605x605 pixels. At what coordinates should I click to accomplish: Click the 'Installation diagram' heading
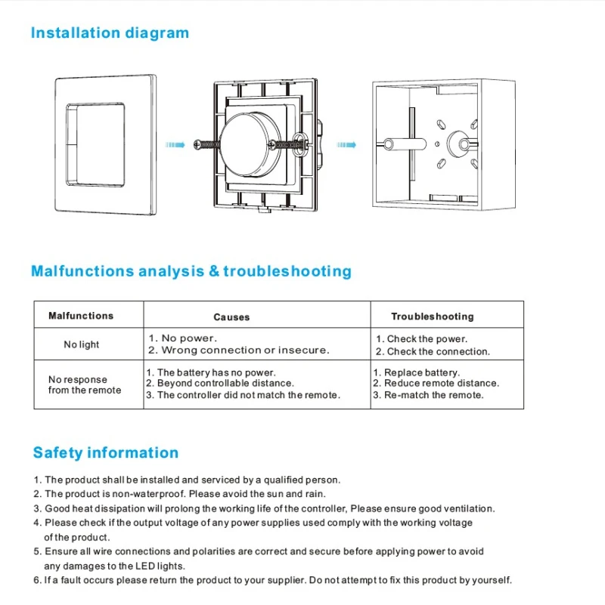click(x=110, y=33)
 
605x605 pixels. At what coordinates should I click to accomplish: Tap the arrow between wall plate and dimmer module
click(x=175, y=145)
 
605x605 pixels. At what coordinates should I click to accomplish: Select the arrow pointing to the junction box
click(x=346, y=145)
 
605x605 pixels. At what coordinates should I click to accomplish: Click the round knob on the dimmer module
click(x=250, y=145)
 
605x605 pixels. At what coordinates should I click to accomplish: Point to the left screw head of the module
click(x=197, y=145)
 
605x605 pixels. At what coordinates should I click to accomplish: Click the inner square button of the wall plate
click(x=96, y=144)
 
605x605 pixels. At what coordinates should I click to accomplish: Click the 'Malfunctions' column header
click(x=81, y=316)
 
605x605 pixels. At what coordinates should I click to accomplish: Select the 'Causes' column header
click(x=231, y=317)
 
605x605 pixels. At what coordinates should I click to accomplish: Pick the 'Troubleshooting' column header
click(x=433, y=316)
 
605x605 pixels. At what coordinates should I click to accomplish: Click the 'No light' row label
click(x=82, y=344)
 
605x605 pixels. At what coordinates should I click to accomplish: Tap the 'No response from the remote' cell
click(x=85, y=384)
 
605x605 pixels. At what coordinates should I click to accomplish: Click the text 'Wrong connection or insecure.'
click(x=245, y=350)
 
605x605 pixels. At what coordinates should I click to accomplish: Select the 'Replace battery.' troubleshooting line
click(x=422, y=372)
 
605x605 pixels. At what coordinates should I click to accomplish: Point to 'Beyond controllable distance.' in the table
click(x=225, y=383)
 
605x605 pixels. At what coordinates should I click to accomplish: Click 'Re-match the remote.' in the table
click(x=434, y=395)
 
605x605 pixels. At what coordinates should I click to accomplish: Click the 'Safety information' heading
click(x=106, y=452)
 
